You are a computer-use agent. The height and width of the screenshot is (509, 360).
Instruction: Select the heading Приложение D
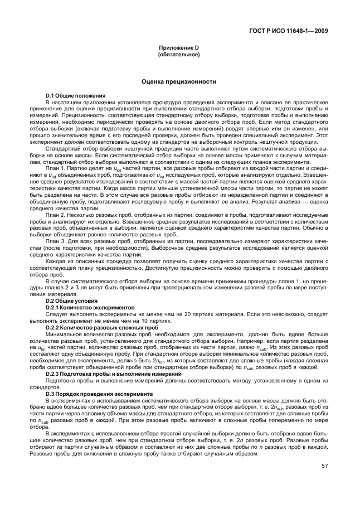179,49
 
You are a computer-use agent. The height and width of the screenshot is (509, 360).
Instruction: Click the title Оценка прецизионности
179,81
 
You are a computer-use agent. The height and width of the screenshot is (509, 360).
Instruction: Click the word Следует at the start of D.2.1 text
56,314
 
